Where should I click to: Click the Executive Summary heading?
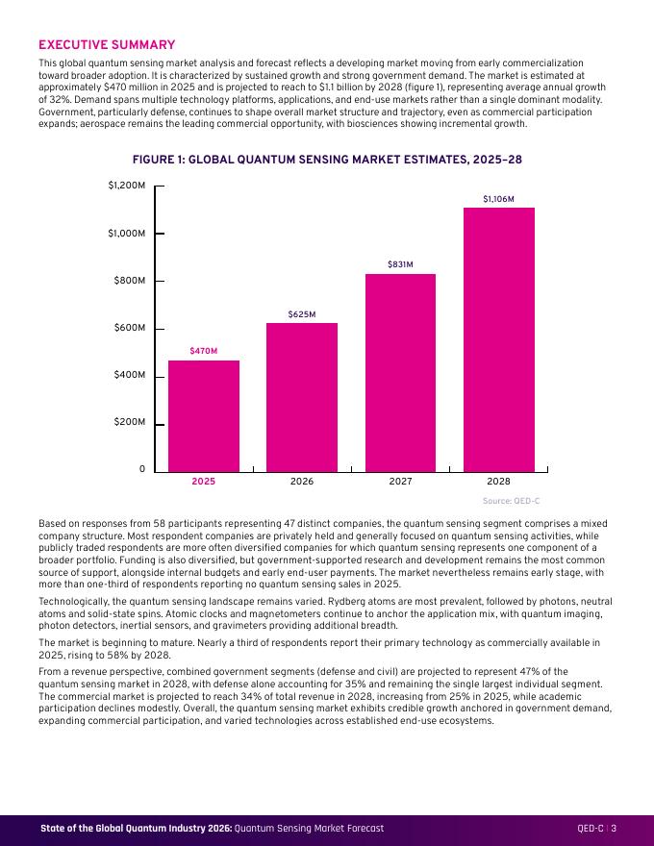(x=107, y=45)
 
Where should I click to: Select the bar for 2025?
(x=204, y=416)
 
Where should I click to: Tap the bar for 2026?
(x=302, y=398)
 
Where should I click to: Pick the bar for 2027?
(x=400, y=373)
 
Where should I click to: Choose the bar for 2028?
(x=499, y=340)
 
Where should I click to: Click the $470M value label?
(x=204, y=351)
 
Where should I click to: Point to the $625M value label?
(x=302, y=314)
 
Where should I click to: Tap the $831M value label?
(x=400, y=264)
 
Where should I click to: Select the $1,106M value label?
(x=498, y=199)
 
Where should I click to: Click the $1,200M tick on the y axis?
(x=127, y=186)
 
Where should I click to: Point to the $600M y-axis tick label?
(x=130, y=328)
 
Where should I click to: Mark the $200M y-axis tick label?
(x=130, y=422)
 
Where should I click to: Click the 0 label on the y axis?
(x=142, y=469)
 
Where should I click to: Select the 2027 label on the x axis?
(x=400, y=482)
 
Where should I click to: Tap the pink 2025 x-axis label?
(x=204, y=482)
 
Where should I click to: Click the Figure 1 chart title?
(x=327, y=160)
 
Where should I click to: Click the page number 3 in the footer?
(x=614, y=828)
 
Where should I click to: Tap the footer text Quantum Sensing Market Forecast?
(x=309, y=828)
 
